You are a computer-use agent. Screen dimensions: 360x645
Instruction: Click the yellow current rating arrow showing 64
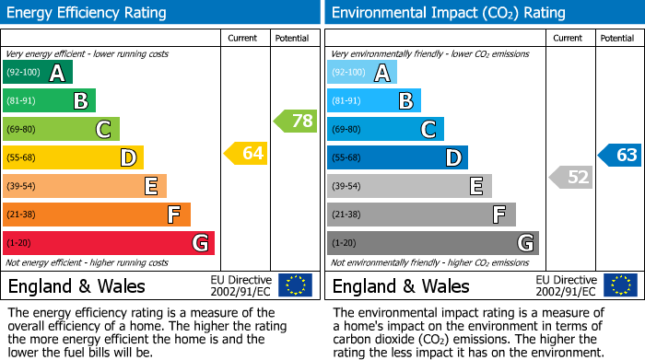(x=246, y=154)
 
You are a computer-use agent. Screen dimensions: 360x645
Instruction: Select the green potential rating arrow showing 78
(x=295, y=121)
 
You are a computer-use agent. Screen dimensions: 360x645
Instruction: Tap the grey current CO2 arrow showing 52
(x=570, y=177)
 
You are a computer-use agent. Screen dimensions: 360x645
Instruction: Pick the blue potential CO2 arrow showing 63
(x=619, y=155)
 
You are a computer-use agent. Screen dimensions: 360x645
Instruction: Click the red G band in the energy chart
(x=109, y=243)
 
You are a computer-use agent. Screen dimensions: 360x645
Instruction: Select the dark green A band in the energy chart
(x=38, y=73)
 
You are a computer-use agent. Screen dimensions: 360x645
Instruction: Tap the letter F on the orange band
(x=173, y=215)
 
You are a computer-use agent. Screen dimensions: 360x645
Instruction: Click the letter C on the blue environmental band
(x=428, y=130)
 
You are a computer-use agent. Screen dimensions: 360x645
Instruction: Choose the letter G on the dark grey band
(x=525, y=243)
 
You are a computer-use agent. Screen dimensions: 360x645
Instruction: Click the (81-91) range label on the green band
(x=22, y=101)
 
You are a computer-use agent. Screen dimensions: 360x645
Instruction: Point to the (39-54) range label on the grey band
(x=346, y=187)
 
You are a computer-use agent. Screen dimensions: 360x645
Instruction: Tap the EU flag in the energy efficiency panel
(x=295, y=285)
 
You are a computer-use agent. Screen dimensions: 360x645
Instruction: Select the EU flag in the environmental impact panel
(x=619, y=285)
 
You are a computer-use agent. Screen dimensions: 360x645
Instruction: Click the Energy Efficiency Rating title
(x=88, y=13)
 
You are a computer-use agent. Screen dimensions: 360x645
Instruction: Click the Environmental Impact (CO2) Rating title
(x=448, y=13)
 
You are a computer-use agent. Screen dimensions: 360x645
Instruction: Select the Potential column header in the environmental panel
(x=616, y=38)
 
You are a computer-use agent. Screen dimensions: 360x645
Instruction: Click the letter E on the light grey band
(x=475, y=187)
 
